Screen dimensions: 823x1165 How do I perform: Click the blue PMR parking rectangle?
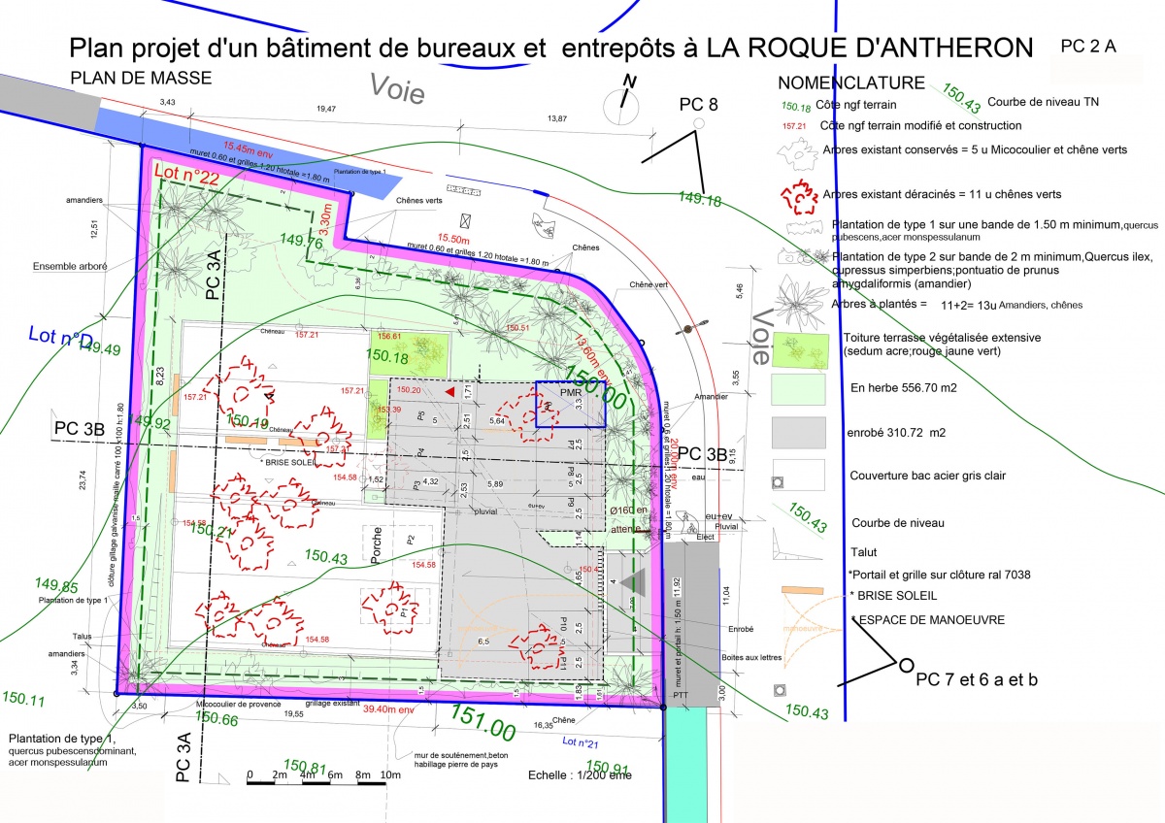point(570,404)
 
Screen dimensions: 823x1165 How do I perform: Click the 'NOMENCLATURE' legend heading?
point(850,83)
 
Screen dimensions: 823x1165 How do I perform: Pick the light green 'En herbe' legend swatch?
point(798,388)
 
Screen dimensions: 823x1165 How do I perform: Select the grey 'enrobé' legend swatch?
point(798,433)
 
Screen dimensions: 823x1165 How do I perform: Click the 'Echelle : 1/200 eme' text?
point(580,774)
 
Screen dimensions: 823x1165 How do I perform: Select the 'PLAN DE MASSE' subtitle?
point(141,79)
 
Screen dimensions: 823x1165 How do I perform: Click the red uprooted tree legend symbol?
point(799,195)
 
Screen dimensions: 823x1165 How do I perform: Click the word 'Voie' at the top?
point(398,89)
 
